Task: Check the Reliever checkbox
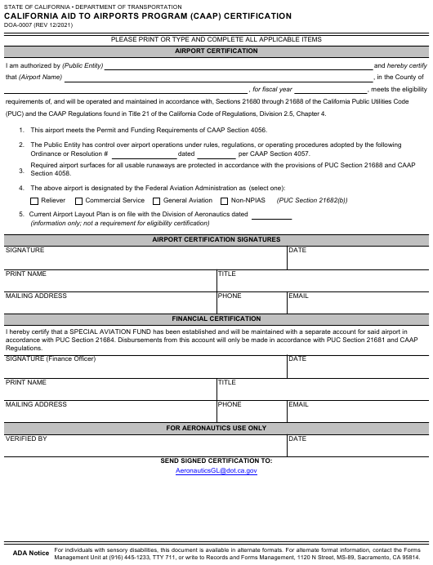click(x=34, y=200)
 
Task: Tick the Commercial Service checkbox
click(x=79, y=200)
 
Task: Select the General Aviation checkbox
click(x=157, y=200)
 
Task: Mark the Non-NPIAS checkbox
click(x=225, y=200)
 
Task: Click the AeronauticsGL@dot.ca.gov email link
click(x=216, y=471)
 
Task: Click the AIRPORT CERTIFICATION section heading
click(x=216, y=51)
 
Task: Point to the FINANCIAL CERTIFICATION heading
click(x=216, y=318)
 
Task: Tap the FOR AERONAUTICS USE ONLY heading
click(x=216, y=428)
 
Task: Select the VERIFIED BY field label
click(x=26, y=439)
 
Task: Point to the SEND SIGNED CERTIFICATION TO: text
click(x=216, y=460)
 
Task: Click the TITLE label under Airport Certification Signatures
click(x=226, y=274)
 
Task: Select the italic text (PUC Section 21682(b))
click(x=312, y=200)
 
